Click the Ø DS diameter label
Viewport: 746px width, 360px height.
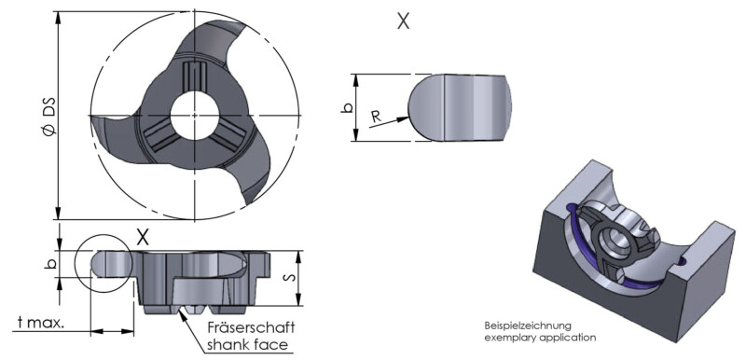49,117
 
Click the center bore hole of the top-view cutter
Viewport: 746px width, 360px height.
195,116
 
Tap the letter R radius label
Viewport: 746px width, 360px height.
377,117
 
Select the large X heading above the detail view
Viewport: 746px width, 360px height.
403,21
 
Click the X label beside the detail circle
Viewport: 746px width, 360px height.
143,237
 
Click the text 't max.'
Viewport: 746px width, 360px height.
41,323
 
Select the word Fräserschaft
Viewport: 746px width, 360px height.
251,327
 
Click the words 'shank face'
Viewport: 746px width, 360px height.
247,344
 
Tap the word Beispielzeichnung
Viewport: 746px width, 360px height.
527,325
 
